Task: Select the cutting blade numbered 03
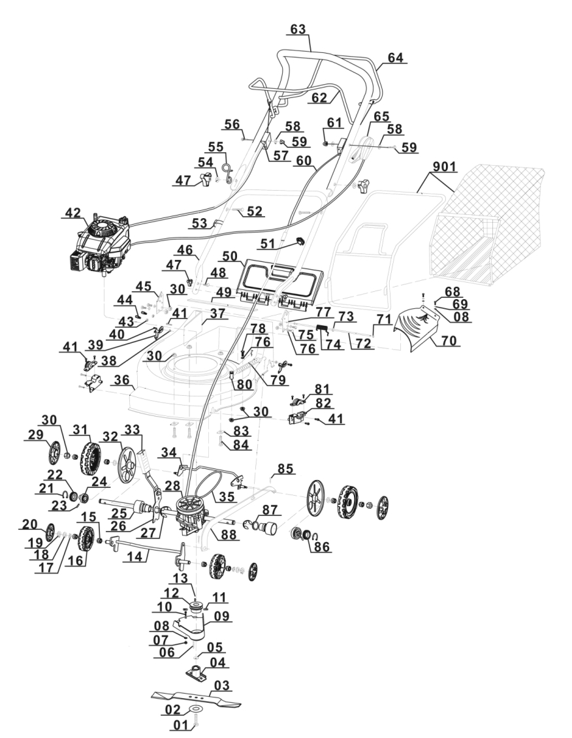[195, 698]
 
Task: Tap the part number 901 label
[442, 167]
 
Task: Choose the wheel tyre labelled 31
[87, 458]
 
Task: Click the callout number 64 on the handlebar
[395, 58]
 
